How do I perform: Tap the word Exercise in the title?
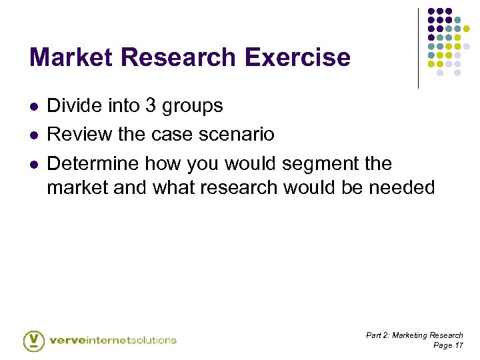point(298,57)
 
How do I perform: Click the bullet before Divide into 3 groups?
point(33,106)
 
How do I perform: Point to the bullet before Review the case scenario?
point(33,135)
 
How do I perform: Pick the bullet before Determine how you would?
point(33,163)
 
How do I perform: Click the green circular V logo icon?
point(33,340)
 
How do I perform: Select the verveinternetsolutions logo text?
point(113,340)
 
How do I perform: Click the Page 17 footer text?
point(448,345)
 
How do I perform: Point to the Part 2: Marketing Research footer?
point(415,335)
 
